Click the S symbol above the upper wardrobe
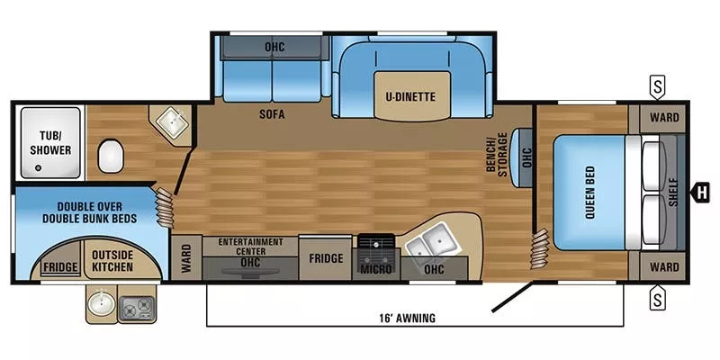coord(659,88)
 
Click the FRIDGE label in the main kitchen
coord(326,258)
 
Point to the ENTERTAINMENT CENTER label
coord(251,246)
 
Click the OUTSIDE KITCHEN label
coord(112,261)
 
